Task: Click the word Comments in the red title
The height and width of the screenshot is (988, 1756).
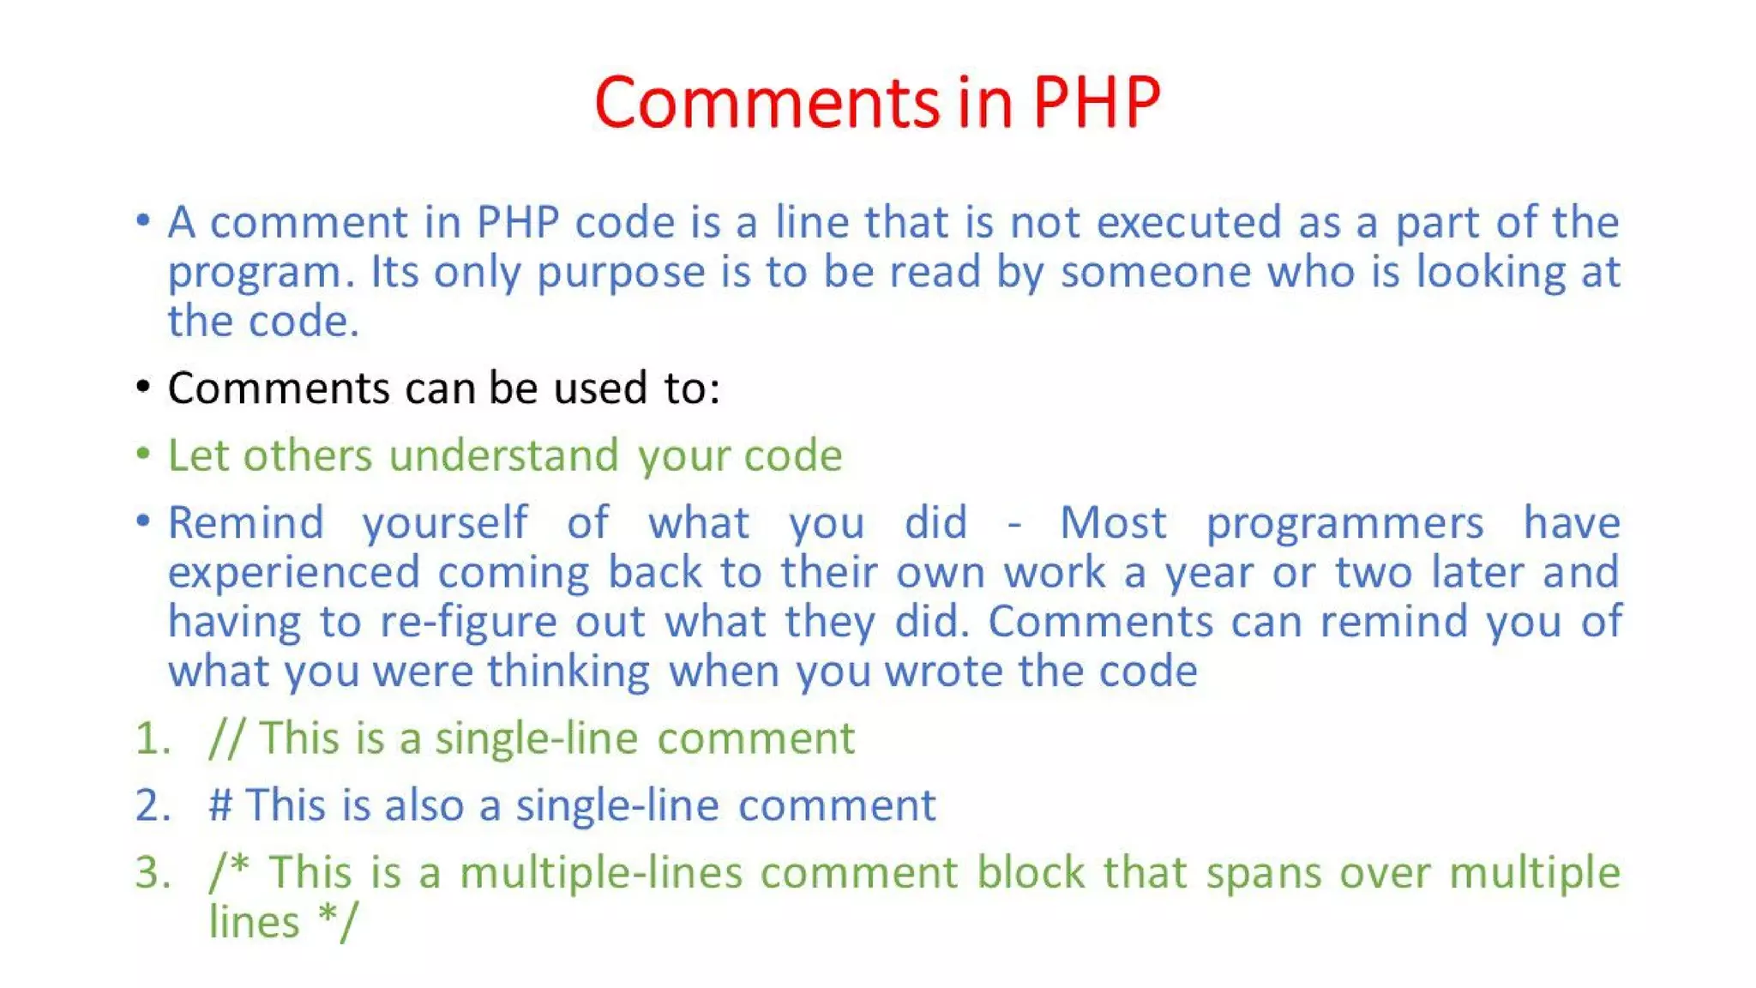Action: [x=767, y=103]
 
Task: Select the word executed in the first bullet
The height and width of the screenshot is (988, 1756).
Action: [x=1189, y=222]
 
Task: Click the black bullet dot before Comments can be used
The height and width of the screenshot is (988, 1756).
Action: [x=143, y=387]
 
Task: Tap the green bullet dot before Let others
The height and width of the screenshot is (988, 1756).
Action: [x=143, y=453]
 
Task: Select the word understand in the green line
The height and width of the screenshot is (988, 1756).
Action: [x=503, y=455]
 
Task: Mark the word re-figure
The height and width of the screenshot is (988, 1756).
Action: [x=468, y=623]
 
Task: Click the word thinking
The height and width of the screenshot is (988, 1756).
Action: [x=568, y=672]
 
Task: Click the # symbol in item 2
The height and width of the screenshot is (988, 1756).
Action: [x=220, y=805]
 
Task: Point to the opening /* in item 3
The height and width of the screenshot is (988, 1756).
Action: [x=229, y=871]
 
